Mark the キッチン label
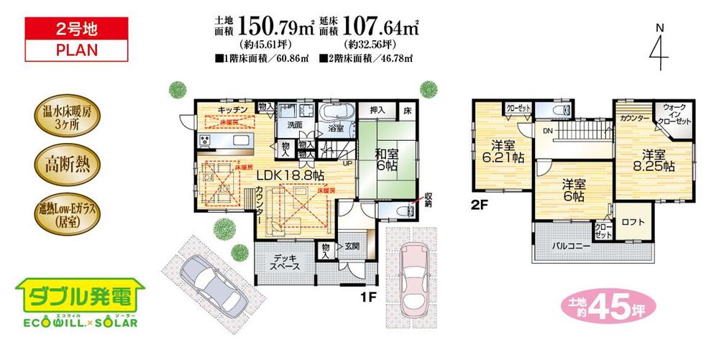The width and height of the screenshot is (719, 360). coord(234,109)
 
